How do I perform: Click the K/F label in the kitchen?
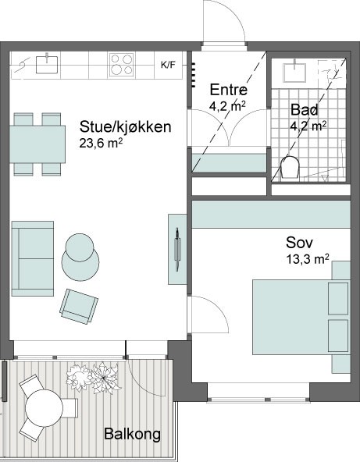point(168,65)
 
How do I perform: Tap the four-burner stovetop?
point(121,65)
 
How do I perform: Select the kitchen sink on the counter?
point(47,64)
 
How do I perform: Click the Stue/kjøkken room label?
point(125,127)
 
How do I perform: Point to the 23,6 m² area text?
point(101,144)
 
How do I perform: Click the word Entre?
point(229,90)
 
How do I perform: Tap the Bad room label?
point(305,109)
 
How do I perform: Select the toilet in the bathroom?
point(290,167)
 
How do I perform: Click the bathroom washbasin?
point(294,72)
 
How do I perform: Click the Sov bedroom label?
point(299,243)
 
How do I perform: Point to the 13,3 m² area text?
point(308,259)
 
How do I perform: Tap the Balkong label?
point(133,434)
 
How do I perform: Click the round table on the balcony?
point(44,408)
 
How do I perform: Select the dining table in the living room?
point(37,144)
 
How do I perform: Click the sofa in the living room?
point(33,258)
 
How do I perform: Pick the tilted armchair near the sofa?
point(79,307)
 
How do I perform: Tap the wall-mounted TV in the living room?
point(177,249)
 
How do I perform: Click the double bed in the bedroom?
point(301,317)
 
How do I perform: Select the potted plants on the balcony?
point(92,378)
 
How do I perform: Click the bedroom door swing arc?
point(218,307)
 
